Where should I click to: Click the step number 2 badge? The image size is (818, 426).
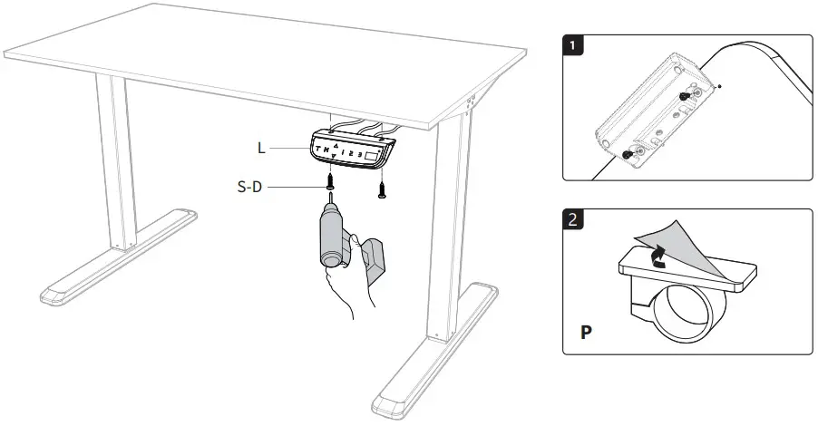[574, 220]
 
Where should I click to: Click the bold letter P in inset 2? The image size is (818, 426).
[587, 332]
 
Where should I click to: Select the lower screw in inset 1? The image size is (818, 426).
[628, 157]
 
